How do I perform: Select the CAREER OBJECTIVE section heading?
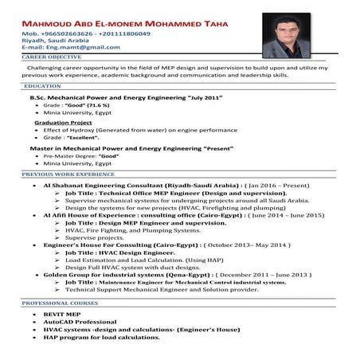[51, 58]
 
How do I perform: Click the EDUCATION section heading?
[42, 85]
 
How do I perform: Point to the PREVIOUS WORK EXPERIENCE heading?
[68, 174]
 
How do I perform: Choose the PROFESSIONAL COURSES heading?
[58, 304]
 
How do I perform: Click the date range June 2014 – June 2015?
[276, 215]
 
